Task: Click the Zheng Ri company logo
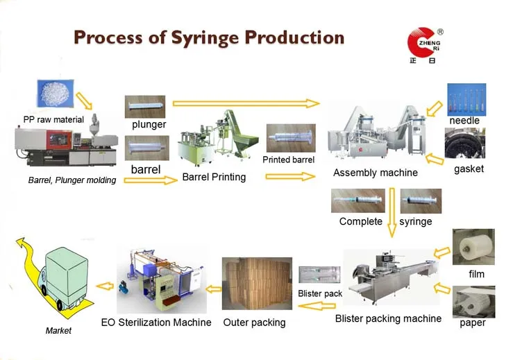coord(425,46)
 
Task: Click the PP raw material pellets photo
coord(56,93)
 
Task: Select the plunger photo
coord(145,107)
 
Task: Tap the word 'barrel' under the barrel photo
coord(146,169)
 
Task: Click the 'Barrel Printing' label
coord(214,177)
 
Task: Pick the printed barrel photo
coord(291,138)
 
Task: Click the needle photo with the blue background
coord(466,99)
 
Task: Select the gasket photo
coord(465,143)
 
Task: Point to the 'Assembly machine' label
coord(376,173)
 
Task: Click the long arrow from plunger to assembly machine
coord(246,103)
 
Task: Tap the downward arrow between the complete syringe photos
coord(392,212)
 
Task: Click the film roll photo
coord(473,247)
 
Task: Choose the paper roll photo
coord(473,302)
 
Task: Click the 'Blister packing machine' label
coord(388,318)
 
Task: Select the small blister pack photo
coord(319,275)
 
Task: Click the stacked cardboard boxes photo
coord(257,284)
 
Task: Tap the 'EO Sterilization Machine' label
coord(156,323)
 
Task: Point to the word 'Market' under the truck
coord(58,331)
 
